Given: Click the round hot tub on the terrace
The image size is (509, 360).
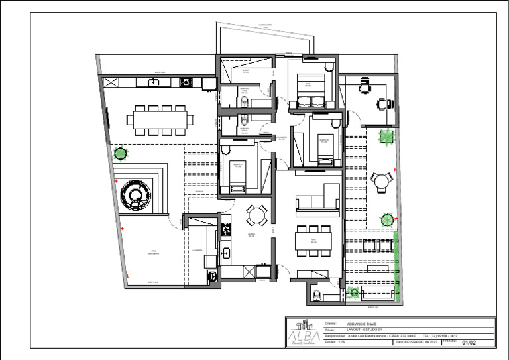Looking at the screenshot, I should (135, 194).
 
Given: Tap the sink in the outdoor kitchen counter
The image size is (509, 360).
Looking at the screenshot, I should (154, 82).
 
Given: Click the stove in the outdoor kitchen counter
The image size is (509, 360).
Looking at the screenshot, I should (186, 82).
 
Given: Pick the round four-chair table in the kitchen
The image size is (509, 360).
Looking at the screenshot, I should (257, 215).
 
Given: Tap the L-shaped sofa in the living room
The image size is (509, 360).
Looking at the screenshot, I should (318, 200).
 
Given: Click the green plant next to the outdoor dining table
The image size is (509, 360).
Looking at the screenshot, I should (120, 154).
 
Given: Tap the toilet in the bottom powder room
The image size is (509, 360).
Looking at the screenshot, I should (316, 294).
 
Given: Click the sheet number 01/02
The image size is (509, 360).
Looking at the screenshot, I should (469, 343).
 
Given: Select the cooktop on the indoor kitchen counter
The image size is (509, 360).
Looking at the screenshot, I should (226, 229).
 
